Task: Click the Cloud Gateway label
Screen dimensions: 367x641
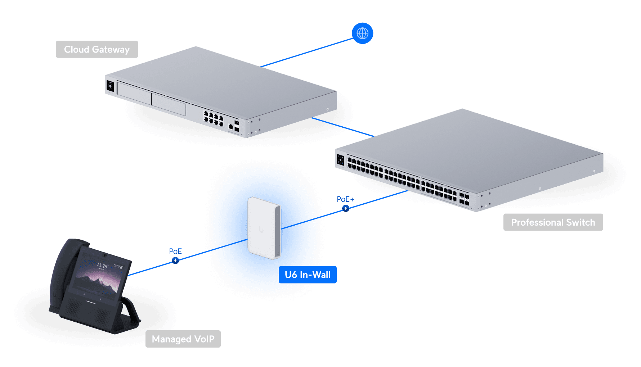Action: click(97, 49)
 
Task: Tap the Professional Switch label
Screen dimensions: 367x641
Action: click(553, 222)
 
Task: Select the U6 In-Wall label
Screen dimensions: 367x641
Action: click(308, 275)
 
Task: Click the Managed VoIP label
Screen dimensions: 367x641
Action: click(183, 339)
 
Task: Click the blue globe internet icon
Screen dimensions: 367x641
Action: click(362, 33)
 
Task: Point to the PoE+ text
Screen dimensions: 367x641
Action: click(345, 199)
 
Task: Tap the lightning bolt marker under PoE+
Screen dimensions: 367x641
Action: click(346, 208)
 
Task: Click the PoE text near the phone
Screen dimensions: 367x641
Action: click(175, 251)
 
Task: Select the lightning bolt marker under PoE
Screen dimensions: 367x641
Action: click(175, 260)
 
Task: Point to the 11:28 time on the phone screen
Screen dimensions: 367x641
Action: click(102, 266)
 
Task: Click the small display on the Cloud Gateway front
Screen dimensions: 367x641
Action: click(110, 86)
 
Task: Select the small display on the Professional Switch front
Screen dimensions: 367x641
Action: click(340, 160)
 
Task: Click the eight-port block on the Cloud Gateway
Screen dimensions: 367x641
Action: click(213, 118)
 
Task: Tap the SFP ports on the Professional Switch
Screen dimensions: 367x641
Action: click(464, 200)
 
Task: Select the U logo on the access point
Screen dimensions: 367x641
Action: click(261, 230)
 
